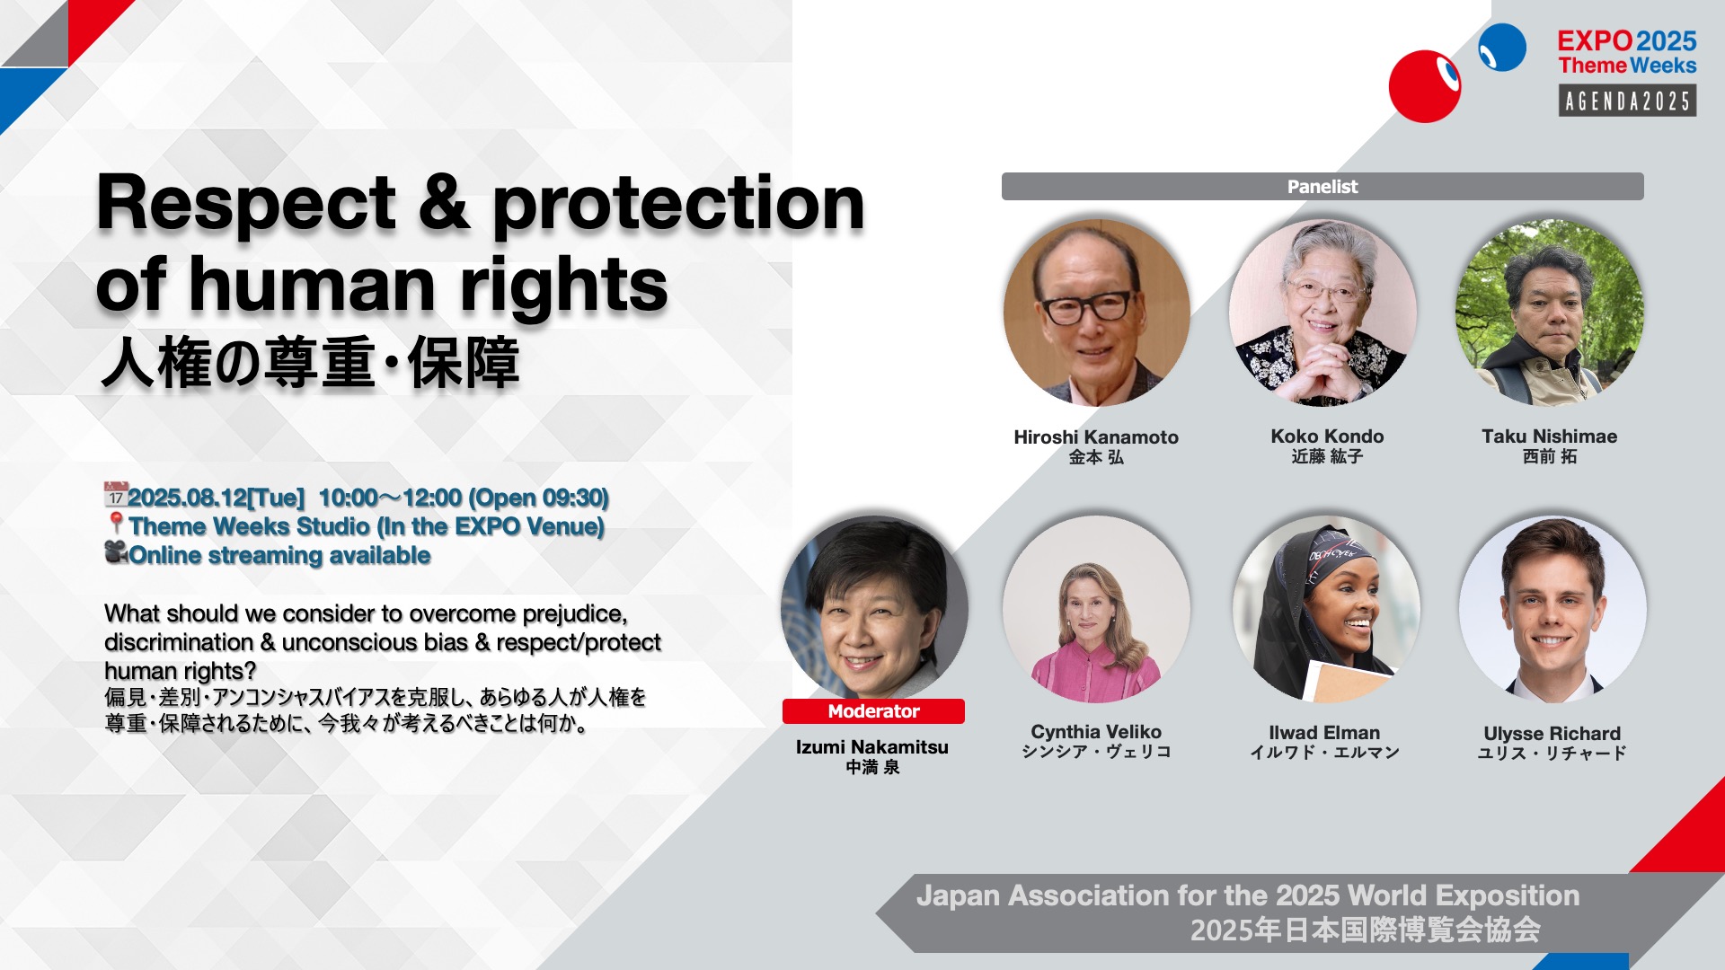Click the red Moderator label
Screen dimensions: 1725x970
873,711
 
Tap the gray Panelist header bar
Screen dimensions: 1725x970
1322,187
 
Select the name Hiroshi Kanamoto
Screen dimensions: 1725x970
1096,437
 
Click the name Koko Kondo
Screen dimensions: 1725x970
1327,436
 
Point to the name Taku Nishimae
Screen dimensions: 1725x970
1550,436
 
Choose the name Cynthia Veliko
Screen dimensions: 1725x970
1096,732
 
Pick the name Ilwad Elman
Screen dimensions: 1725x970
1324,733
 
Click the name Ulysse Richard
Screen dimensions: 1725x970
1552,734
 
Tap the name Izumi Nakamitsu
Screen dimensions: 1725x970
872,747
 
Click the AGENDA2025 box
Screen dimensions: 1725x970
1627,101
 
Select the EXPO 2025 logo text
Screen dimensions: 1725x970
1627,41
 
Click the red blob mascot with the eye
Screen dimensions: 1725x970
1425,86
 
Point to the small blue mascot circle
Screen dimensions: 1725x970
1502,48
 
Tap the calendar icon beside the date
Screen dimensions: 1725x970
116,495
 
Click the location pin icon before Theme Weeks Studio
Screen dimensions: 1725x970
116,524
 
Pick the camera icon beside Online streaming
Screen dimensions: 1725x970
117,552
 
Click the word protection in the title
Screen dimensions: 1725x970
678,205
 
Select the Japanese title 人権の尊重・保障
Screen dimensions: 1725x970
311,363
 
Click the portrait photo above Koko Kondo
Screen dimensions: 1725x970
1323,313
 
